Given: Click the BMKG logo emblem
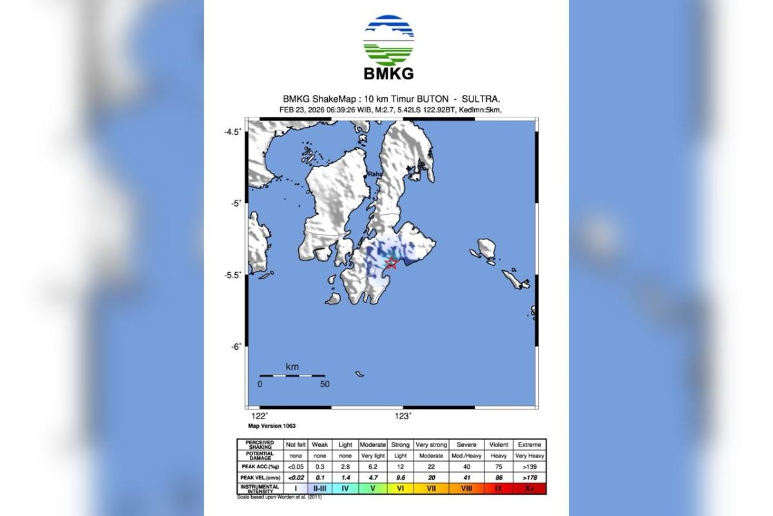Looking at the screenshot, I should [x=388, y=41].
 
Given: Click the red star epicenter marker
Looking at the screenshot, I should [x=391, y=262].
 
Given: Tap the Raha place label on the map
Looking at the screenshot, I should [x=374, y=174].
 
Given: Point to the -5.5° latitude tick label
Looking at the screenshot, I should [x=233, y=275].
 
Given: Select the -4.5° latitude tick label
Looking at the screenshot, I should [x=233, y=132].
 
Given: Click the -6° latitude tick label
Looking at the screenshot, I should [x=235, y=346].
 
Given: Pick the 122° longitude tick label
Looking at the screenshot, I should [x=259, y=416].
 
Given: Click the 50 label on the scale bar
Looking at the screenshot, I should [x=325, y=384].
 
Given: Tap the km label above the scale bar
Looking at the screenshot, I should [x=292, y=367].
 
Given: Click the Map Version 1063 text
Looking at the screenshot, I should [x=272, y=426].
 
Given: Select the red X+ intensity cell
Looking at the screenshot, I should [x=530, y=488].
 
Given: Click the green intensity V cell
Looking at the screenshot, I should [x=373, y=488].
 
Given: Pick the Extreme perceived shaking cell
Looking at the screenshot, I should [x=530, y=444].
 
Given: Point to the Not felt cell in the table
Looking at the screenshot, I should [x=296, y=444].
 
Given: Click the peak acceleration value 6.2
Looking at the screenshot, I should [x=373, y=466].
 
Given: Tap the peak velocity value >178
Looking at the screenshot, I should [x=530, y=477].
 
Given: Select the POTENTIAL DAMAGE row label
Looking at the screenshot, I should [x=260, y=455].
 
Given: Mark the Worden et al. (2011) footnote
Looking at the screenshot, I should [x=279, y=497].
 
